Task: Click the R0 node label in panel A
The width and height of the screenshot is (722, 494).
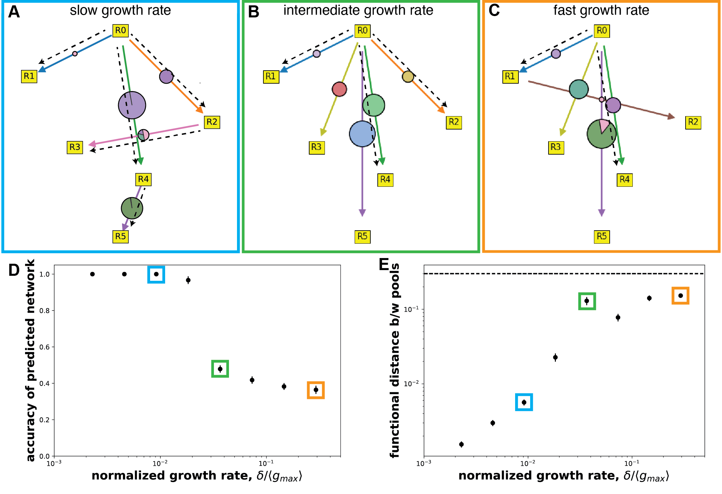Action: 120,30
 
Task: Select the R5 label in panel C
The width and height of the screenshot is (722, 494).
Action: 602,237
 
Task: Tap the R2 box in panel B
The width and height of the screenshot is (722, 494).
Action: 454,122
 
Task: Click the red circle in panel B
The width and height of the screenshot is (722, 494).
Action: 339,89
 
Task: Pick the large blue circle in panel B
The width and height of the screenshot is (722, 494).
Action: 362,134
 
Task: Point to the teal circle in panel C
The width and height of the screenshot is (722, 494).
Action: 579,89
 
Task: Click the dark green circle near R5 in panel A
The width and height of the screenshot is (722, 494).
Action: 132,208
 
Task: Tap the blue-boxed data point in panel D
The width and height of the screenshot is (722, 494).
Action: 156,274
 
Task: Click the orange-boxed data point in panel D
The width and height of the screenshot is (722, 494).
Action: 316,390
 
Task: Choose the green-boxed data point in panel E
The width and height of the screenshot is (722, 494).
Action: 587,301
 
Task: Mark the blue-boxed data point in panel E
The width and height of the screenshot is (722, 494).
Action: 524,402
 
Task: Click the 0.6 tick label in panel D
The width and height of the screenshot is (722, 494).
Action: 44,347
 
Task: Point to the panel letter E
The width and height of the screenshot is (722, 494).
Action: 384,264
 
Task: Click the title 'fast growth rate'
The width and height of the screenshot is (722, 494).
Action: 601,10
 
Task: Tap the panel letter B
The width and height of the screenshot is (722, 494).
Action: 253,12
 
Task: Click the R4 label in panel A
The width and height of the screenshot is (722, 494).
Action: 143,179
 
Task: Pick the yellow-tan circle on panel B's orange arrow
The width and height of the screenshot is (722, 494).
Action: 408,77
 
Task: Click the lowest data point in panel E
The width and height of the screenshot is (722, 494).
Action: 461,444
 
